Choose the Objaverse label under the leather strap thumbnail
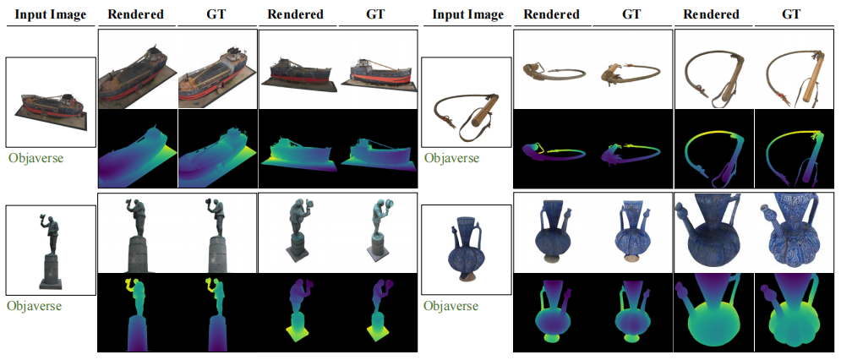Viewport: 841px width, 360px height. tap(452, 158)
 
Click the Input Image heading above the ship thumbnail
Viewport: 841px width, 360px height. tap(51, 15)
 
